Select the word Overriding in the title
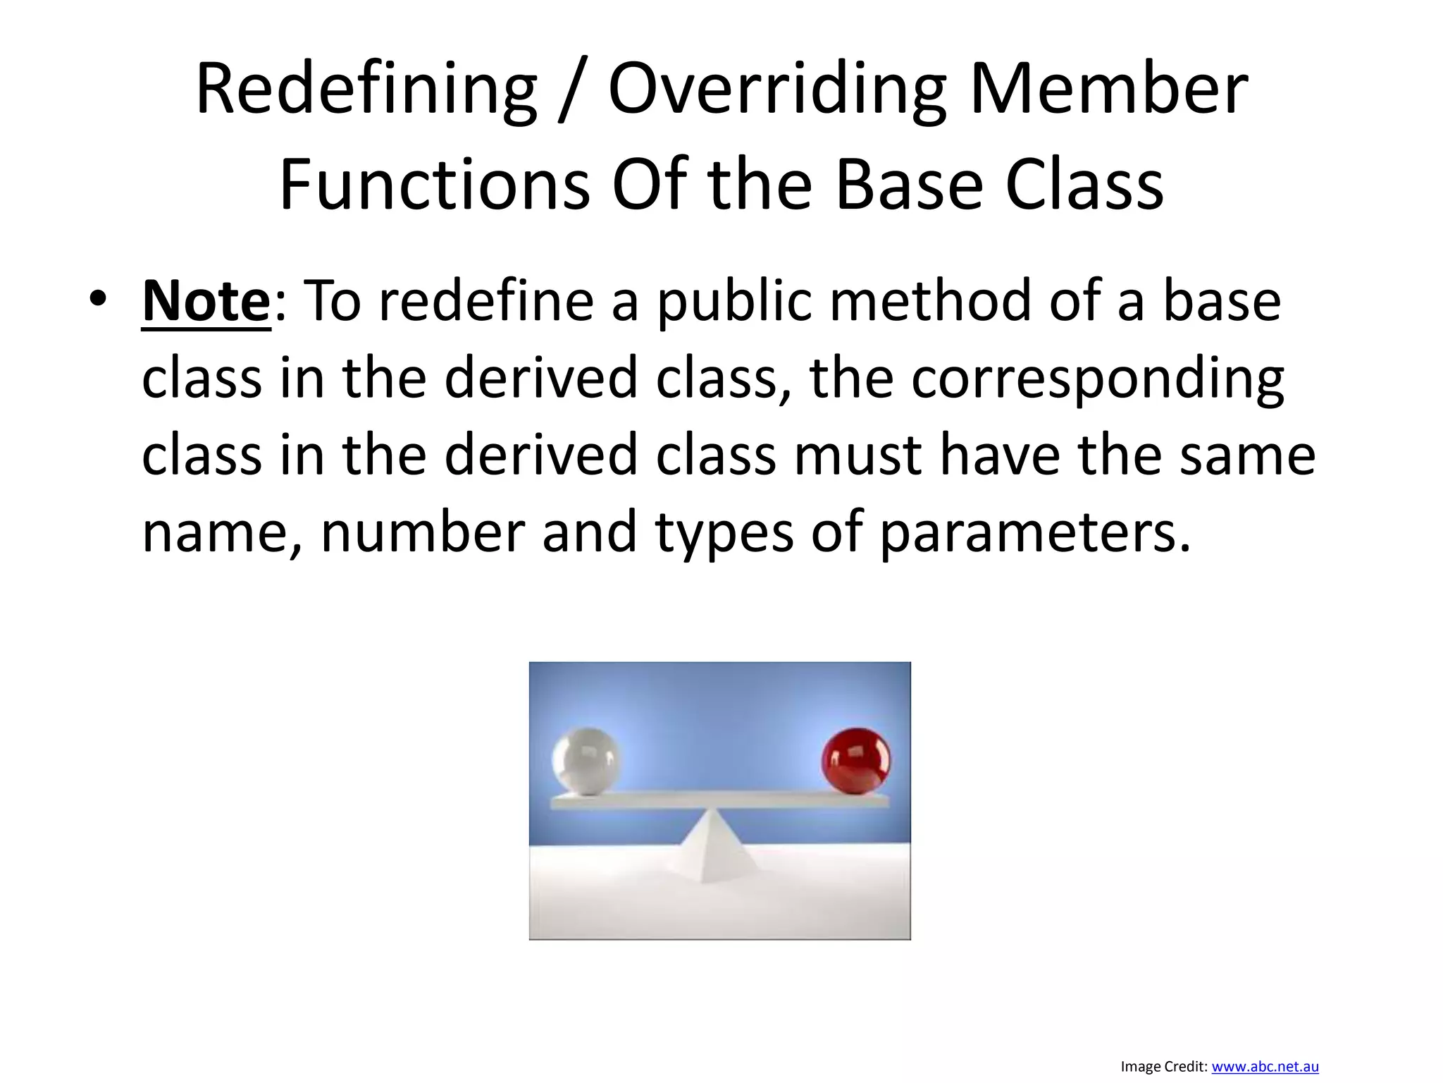point(777,90)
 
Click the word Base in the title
point(909,185)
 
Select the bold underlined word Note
point(206,302)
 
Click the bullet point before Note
point(98,299)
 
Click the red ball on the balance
point(856,761)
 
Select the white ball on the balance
point(586,761)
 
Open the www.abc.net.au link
point(1265,1067)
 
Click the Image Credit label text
point(1163,1067)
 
